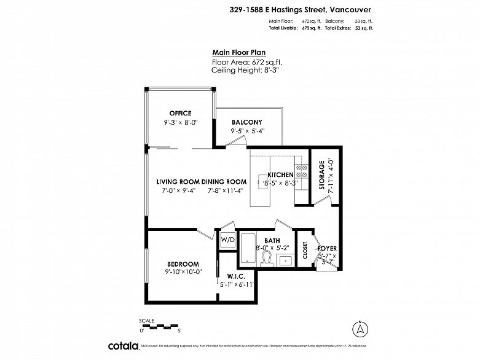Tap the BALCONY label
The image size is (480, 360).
coord(246,122)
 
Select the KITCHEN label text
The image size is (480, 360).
coord(280,175)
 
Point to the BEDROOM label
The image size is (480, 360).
coord(183,263)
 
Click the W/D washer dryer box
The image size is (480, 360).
coord(227,240)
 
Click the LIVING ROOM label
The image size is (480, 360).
coord(178,181)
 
